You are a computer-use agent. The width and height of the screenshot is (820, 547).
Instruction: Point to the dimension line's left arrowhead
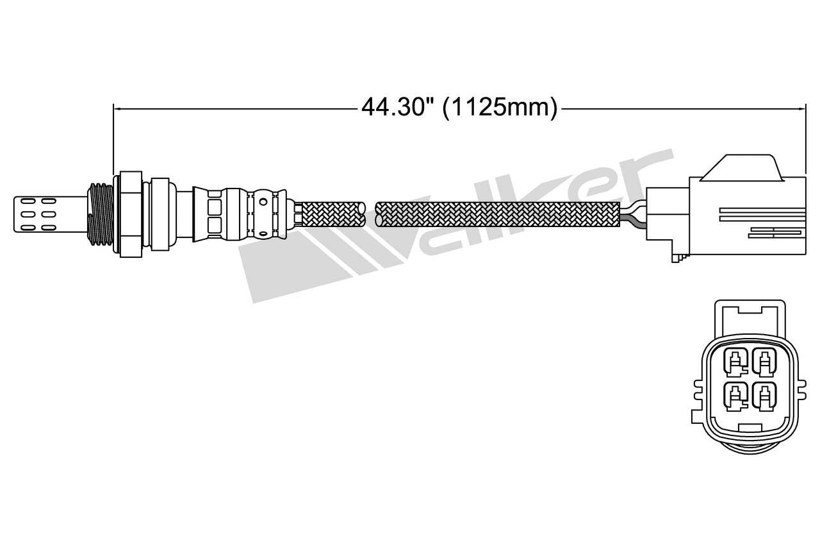click(x=117, y=108)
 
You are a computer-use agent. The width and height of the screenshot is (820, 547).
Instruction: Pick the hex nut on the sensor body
click(x=131, y=214)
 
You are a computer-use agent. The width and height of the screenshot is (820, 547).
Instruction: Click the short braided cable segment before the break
click(x=332, y=214)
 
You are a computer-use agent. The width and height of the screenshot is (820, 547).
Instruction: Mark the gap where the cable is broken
click(x=372, y=214)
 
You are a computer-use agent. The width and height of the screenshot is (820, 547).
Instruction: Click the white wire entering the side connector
click(x=634, y=206)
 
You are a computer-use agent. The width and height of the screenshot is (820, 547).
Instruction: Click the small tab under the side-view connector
click(x=677, y=256)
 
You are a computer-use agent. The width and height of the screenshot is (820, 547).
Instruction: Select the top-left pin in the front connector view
click(x=735, y=363)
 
